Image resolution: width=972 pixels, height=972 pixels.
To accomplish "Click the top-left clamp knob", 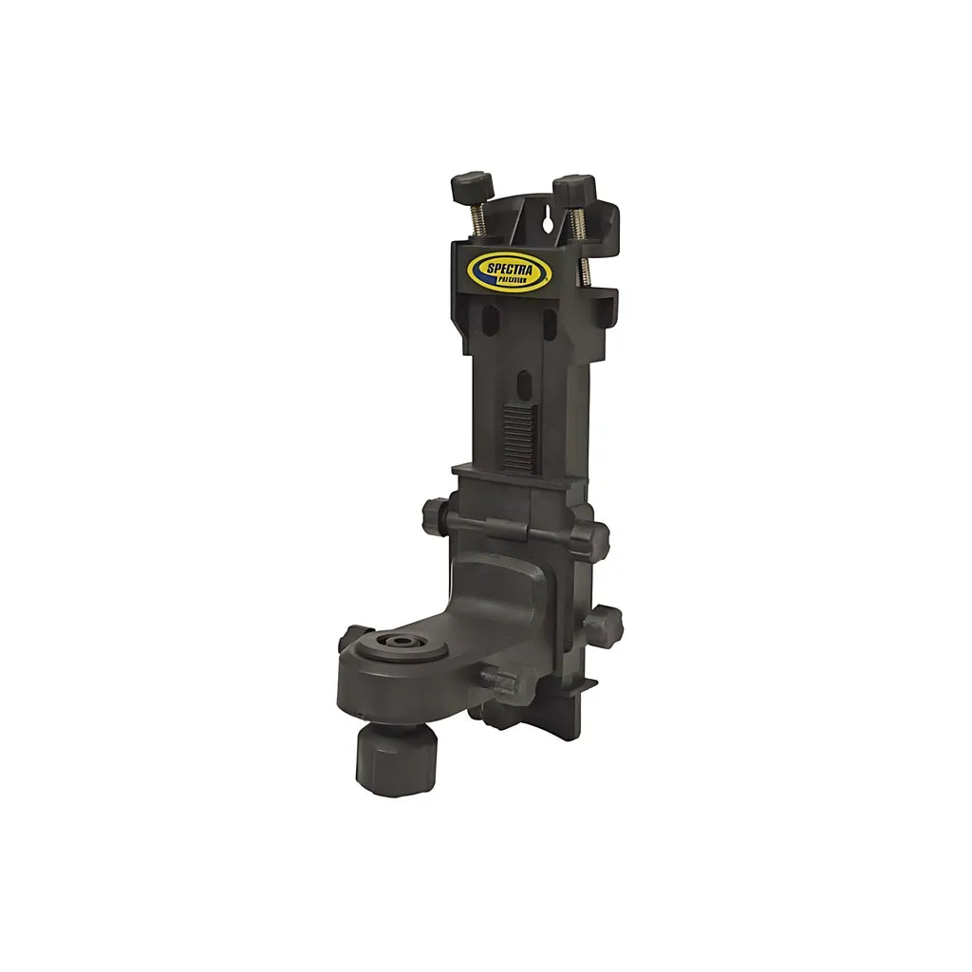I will coord(473,186).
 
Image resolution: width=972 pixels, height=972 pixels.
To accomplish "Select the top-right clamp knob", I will coord(574,188).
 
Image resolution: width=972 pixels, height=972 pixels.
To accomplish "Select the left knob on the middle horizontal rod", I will coord(434,517).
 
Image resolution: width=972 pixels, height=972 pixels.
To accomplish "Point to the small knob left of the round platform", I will coord(352,637).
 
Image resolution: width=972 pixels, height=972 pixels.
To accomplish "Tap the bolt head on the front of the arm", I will coord(498,682).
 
